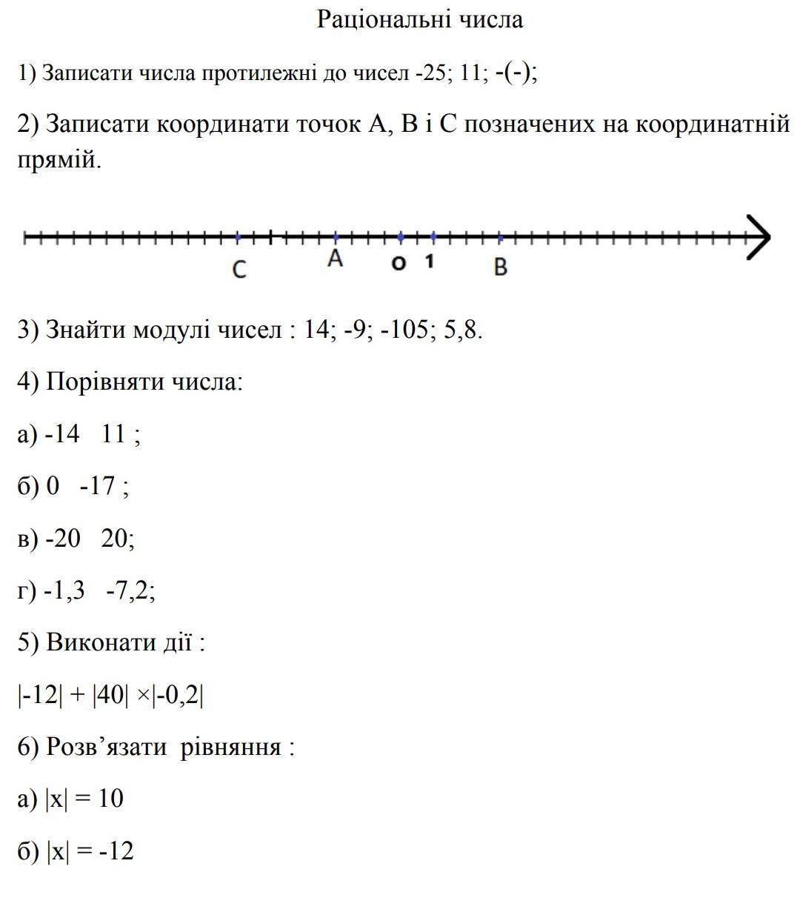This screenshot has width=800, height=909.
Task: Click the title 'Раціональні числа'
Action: click(420, 19)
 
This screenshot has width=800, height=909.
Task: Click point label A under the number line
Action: click(336, 259)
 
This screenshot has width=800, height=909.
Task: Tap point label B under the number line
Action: click(501, 267)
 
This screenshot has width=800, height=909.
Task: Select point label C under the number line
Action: click(239, 270)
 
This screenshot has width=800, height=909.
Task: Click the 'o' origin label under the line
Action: click(399, 263)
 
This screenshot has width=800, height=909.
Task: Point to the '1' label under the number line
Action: click(430, 262)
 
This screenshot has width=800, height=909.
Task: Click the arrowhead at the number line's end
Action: click(759, 238)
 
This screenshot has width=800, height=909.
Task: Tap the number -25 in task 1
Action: click(430, 73)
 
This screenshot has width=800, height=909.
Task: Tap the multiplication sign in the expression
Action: click(144, 696)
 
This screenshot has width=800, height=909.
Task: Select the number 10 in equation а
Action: click(110, 799)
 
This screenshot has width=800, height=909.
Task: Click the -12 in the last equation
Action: click(116, 851)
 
